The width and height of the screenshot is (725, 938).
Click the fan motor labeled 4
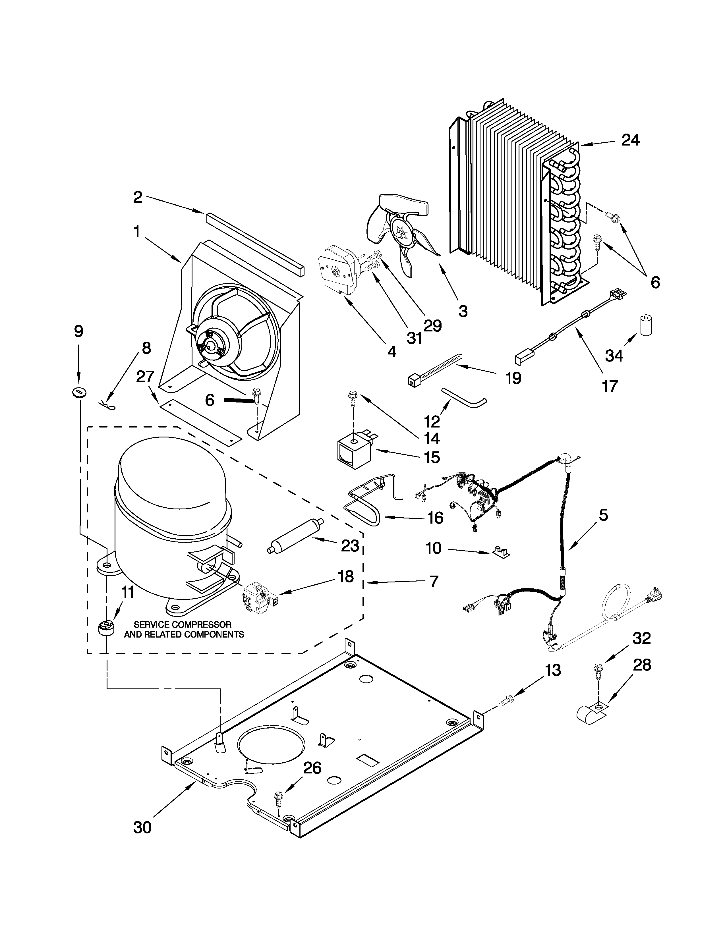tap(337, 271)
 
